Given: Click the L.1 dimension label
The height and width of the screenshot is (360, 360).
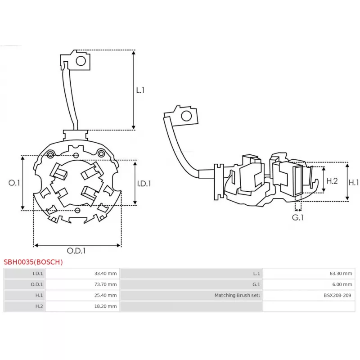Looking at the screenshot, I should point(140,90).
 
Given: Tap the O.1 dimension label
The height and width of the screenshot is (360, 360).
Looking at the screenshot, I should point(15,183).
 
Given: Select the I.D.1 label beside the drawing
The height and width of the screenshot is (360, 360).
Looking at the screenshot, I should point(144,183).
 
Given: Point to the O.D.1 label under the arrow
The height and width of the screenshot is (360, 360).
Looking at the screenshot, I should point(76,251).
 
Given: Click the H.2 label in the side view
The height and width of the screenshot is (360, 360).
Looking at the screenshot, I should point(332,181).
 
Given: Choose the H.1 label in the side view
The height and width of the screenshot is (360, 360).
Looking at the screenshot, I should point(354,182).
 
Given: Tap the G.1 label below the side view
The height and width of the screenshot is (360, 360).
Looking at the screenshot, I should point(298,217).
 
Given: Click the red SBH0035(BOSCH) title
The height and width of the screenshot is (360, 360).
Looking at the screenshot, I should point(33,262).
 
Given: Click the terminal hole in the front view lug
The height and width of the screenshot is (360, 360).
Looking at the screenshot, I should point(81,61).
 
